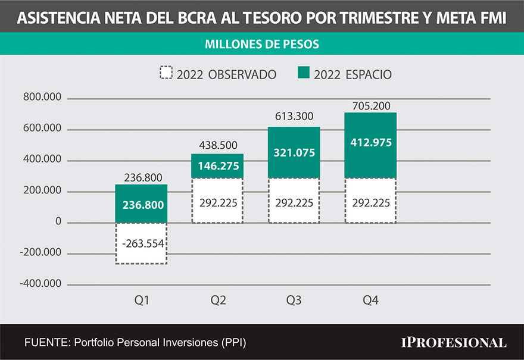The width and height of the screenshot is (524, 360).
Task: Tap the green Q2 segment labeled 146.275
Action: point(217,166)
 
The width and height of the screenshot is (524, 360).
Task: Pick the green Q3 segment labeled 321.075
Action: point(294,152)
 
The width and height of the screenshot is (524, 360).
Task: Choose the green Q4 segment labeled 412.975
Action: point(370,145)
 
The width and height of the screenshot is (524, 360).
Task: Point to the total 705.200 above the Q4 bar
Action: point(370,106)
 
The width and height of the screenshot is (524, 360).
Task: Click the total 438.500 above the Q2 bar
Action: point(217,145)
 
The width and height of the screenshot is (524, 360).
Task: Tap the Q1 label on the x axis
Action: point(141,300)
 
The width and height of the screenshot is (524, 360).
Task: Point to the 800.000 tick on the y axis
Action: point(42,98)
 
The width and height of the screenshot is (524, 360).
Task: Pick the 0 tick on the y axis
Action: point(58,222)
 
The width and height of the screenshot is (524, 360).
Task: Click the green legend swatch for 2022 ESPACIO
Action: point(304,74)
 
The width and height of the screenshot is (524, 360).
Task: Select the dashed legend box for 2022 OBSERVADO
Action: point(166,74)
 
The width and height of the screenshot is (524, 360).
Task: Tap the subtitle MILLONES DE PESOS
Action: point(261,44)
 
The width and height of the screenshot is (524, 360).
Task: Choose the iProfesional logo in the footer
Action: point(454,342)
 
